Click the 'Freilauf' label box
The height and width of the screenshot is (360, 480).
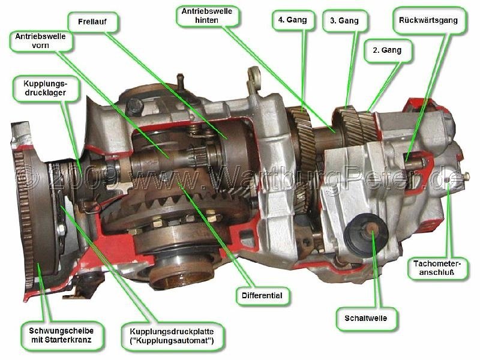click(x=93, y=22)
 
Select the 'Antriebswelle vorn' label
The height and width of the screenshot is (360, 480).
click(x=41, y=41)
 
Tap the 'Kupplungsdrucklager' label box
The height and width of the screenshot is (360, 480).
click(x=46, y=88)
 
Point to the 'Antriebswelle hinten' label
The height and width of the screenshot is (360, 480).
click(x=207, y=16)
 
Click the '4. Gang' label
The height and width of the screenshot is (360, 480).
click(x=293, y=20)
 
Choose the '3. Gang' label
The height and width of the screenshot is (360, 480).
click(x=344, y=21)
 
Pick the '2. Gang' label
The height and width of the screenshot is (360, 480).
click(x=387, y=50)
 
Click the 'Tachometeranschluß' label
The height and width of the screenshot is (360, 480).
click(x=437, y=268)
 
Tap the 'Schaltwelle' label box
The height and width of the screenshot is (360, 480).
click(x=366, y=319)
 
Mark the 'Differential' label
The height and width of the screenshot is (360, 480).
click(x=262, y=296)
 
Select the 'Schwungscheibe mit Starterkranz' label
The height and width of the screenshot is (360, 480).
click(x=61, y=335)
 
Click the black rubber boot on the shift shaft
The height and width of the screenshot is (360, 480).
click(x=366, y=234)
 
